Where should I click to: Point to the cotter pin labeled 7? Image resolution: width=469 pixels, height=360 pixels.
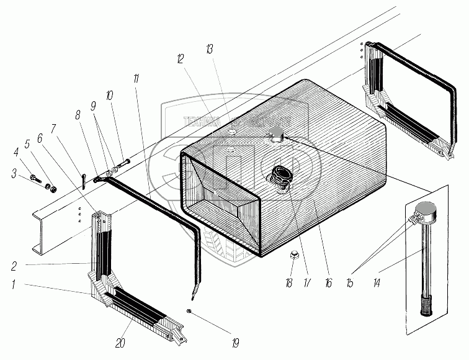[83, 180]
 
